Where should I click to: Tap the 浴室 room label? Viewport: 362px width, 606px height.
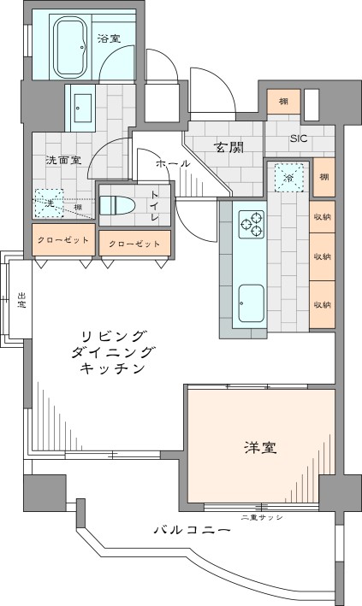[x=109, y=39]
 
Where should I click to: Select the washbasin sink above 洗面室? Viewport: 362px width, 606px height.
[x=83, y=106]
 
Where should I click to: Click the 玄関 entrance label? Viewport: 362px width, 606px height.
[x=228, y=148]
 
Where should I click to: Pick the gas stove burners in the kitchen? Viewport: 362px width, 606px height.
[x=252, y=224]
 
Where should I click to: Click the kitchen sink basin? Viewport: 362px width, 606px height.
[x=252, y=303]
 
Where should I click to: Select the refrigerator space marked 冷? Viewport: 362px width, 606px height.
[x=288, y=177]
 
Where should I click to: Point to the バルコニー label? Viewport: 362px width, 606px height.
[x=192, y=530]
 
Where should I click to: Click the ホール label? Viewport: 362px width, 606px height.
[x=172, y=163]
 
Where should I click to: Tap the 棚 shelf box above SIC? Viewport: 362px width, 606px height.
[x=282, y=100]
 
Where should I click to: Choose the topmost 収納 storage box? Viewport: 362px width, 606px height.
[x=322, y=217]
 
